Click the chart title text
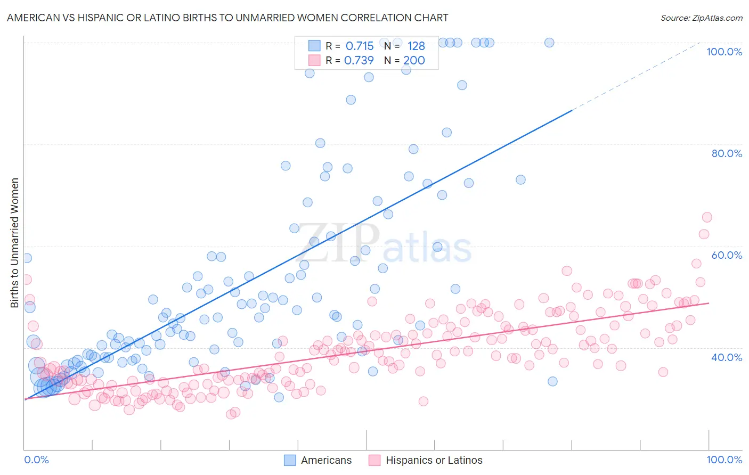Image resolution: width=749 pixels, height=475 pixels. click(227, 18)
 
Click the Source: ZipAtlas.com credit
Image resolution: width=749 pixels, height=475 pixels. click(701, 18)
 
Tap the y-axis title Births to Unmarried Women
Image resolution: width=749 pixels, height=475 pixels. click(14, 243)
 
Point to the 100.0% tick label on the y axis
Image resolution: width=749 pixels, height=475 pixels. click(724, 52)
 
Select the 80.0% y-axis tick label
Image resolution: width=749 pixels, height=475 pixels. click(727, 153)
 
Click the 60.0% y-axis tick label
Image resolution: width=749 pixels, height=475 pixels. click(727, 255)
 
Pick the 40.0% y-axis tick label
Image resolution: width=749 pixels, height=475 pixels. click(727, 357)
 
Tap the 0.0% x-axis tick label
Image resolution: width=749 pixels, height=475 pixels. click(36, 460)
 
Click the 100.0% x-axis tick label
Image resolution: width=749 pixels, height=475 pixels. click(724, 460)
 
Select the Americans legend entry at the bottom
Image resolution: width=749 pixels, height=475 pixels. click(318, 460)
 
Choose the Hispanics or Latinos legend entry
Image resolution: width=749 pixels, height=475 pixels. click(426, 460)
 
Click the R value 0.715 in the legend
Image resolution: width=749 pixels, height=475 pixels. click(360, 46)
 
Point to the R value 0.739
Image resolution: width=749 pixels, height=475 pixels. click(359, 61)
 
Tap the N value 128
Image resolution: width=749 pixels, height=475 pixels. click(416, 46)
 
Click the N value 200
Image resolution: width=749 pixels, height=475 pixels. click(414, 61)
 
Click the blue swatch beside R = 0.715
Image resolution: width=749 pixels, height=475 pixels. click(314, 46)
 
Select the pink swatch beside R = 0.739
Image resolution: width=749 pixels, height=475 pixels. click(314, 60)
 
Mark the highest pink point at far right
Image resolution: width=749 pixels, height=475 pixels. click(707, 217)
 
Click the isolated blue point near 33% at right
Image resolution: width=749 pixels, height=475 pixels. click(552, 381)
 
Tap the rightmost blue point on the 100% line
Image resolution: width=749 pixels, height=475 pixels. click(549, 43)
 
